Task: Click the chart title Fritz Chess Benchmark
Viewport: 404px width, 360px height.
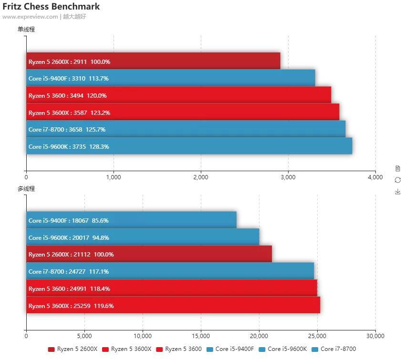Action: (x=51, y=7)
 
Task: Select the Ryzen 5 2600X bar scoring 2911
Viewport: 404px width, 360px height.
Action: (x=153, y=62)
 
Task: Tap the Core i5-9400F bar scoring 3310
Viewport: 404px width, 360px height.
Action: (x=170, y=78)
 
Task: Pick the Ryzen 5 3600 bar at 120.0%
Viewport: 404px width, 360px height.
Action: (x=178, y=95)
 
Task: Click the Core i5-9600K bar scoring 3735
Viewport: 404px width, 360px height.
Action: (x=189, y=146)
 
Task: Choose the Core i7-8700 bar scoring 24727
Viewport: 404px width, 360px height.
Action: (x=170, y=271)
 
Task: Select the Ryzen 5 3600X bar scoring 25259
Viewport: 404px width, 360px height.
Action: (x=173, y=306)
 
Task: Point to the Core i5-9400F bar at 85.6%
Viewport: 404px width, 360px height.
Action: (x=131, y=220)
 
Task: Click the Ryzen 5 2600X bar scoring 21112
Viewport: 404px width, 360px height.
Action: (x=149, y=254)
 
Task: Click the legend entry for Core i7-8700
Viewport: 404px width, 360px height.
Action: (x=333, y=349)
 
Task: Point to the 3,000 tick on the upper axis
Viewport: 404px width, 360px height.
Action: (x=288, y=177)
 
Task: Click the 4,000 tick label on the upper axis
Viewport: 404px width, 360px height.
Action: (x=375, y=177)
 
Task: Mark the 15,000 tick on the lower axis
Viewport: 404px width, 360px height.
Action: (x=201, y=336)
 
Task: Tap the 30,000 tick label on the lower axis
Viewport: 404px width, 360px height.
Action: (x=375, y=336)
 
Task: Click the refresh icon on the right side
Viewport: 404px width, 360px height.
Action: (x=398, y=180)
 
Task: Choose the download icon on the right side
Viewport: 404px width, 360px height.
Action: (x=398, y=192)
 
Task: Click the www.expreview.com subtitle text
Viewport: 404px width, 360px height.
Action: (x=30, y=17)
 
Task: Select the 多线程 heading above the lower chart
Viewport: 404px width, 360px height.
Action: (x=26, y=189)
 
